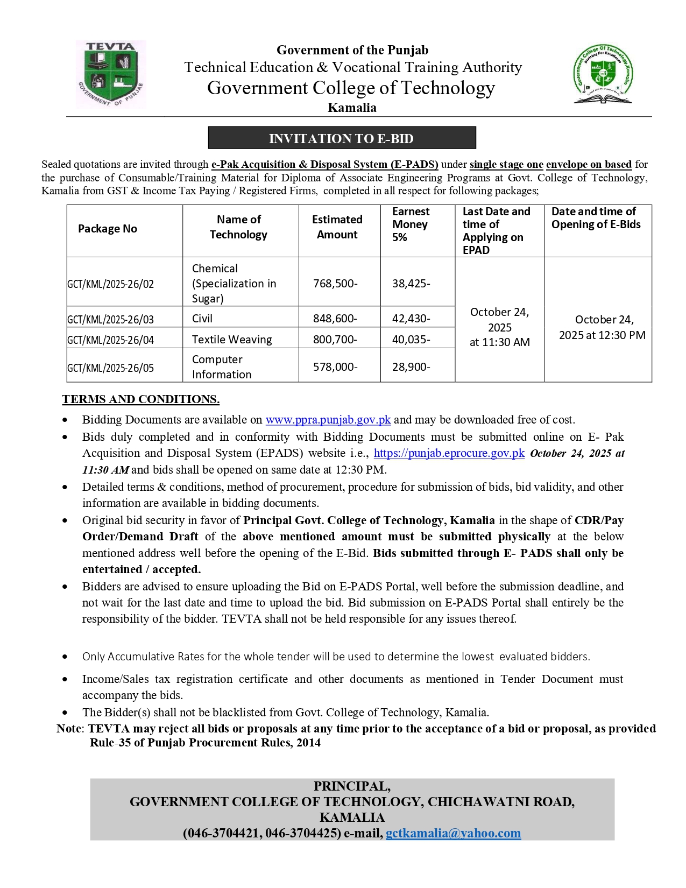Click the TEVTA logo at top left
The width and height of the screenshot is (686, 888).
(x=110, y=74)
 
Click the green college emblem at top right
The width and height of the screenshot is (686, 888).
(x=603, y=74)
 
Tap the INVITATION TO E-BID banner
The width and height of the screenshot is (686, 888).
(x=342, y=138)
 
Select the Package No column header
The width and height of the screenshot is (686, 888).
(x=108, y=229)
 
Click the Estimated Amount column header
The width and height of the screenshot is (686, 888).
(x=337, y=227)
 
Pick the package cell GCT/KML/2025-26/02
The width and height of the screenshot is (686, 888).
(x=111, y=284)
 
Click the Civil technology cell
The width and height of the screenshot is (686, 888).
(x=202, y=319)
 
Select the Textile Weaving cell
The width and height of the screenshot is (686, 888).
(x=232, y=340)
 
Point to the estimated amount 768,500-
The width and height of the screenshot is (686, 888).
(x=335, y=284)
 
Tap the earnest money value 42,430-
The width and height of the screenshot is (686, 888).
(x=411, y=319)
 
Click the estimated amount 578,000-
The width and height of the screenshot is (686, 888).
(x=335, y=367)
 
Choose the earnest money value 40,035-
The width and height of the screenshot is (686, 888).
(x=411, y=340)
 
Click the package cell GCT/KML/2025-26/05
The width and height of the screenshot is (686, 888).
(x=111, y=368)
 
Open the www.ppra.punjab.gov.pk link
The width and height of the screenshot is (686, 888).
(x=328, y=420)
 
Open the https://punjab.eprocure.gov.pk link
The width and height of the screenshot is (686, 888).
(x=449, y=453)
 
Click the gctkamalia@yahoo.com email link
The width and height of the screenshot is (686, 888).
(x=453, y=833)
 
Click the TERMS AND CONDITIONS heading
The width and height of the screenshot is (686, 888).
(x=140, y=399)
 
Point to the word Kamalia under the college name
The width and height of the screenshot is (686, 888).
(x=352, y=108)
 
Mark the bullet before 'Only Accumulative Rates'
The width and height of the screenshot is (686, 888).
(x=65, y=657)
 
